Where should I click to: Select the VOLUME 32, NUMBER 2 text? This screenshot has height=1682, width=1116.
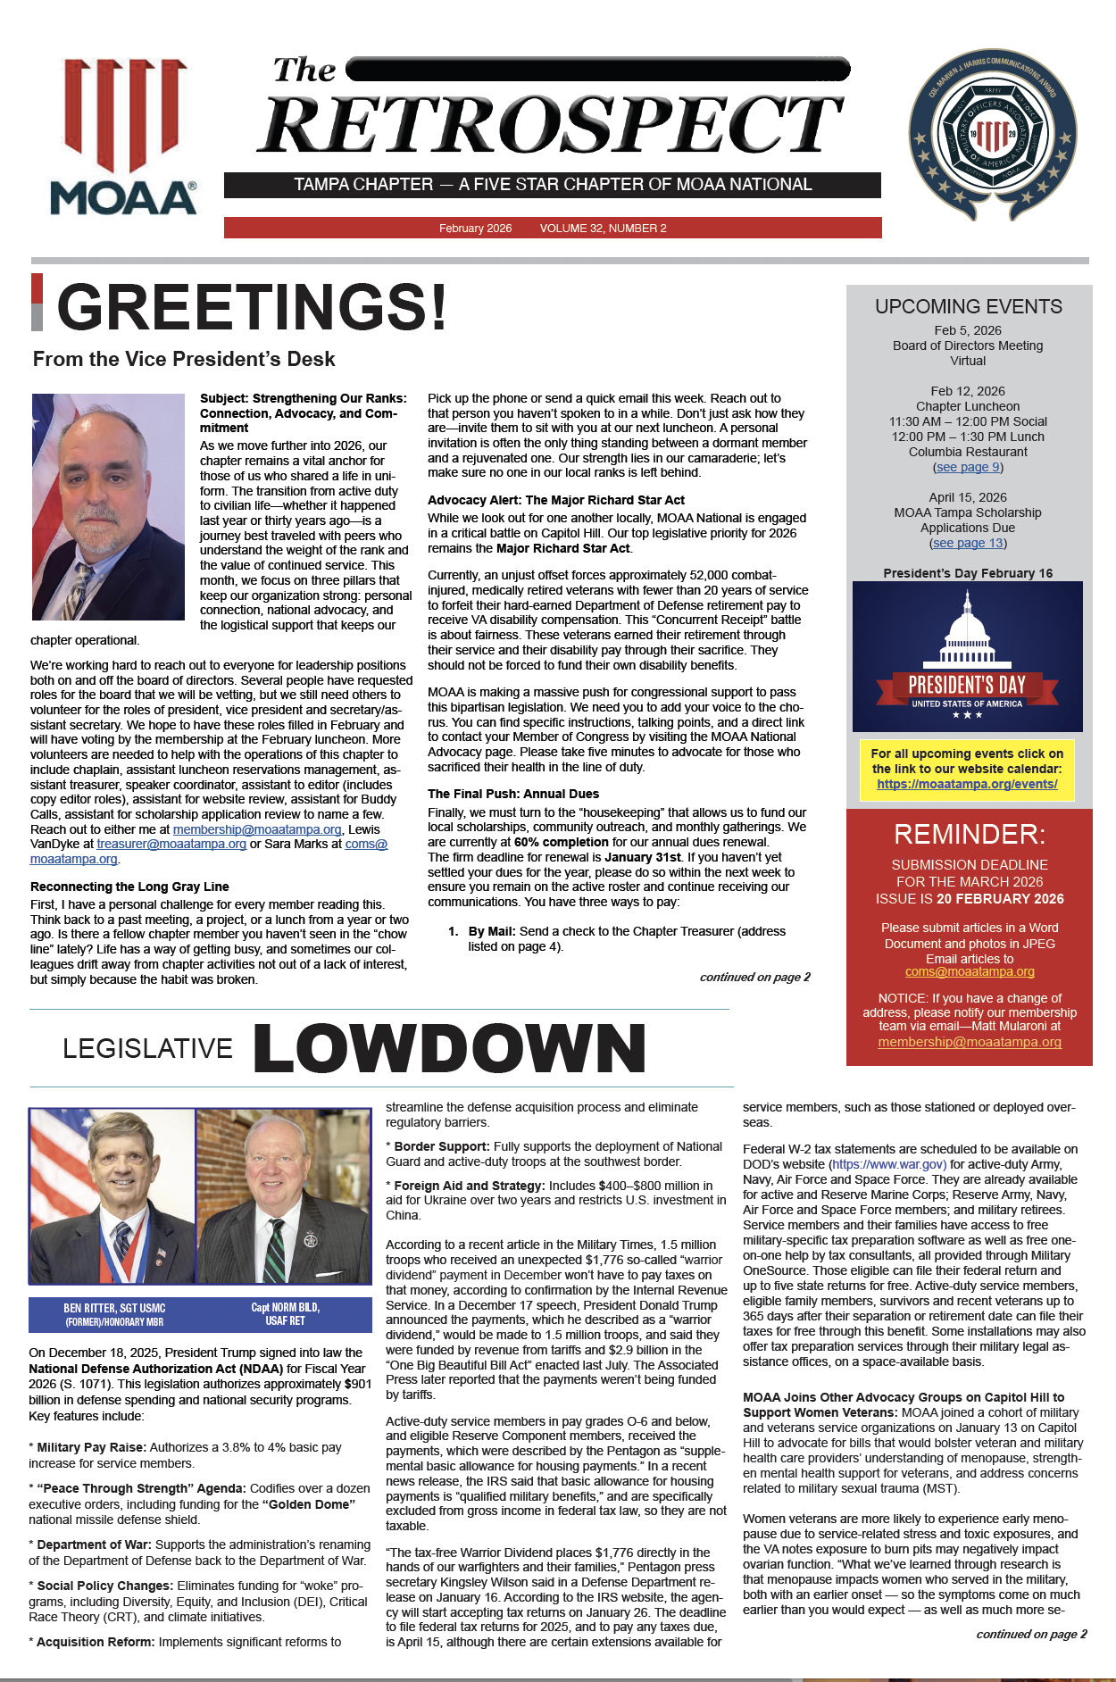603,229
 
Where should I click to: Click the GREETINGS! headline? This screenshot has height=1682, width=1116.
252,307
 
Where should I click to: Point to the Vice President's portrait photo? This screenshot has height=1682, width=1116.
108,506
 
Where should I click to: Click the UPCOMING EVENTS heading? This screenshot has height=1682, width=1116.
968,307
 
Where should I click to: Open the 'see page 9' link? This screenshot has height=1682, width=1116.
968,467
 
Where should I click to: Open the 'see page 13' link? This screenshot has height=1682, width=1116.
968,543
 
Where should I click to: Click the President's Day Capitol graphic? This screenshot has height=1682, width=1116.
968,656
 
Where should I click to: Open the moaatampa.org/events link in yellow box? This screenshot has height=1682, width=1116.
967,784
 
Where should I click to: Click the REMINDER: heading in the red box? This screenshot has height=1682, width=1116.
969,835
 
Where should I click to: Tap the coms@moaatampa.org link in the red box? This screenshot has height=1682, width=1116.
970,971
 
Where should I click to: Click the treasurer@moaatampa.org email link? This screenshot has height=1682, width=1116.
171,844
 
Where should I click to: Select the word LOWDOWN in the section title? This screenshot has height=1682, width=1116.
449,1048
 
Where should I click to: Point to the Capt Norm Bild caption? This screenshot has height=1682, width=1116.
285,1314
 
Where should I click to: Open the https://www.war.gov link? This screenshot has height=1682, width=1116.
888,1164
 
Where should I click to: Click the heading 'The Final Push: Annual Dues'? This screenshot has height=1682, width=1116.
512,794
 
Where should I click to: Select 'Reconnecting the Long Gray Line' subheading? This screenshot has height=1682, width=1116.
129,887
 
